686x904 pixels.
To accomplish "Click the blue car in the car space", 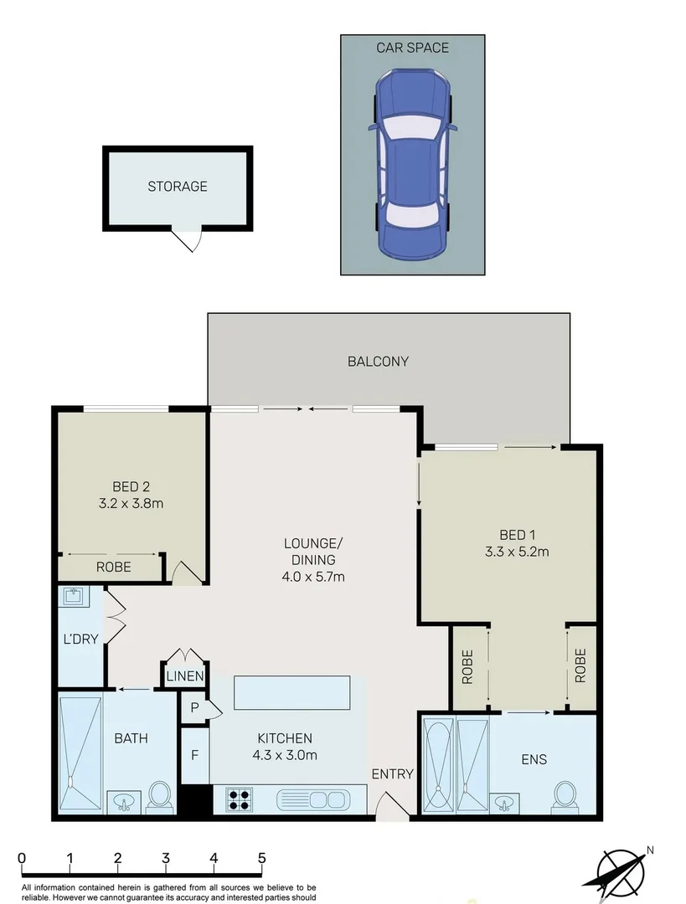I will click(412, 165).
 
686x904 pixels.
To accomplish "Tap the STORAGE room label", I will click(178, 187).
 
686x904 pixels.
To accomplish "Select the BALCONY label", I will click(378, 362).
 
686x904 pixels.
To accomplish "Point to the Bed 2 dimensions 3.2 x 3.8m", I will click(131, 504).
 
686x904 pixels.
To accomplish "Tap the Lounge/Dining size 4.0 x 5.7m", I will click(309, 577).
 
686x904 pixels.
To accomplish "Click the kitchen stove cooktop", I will click(240, 800).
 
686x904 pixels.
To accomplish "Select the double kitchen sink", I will click(312, 800).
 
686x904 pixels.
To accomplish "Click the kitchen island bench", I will click(292, 693).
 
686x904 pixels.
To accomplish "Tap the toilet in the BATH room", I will click(159, 796).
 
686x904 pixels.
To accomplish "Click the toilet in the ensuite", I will click(565, 796).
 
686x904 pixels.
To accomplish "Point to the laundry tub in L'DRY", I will click(71, 598).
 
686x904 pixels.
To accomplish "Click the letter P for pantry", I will click(194, 708).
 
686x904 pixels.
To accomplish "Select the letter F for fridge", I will click(194, 755).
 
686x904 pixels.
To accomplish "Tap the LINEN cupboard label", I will click(184, 676).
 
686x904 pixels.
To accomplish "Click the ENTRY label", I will click(392, 774).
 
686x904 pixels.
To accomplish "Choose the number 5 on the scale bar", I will click(262, 858).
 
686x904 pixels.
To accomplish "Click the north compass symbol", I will click(622, 871).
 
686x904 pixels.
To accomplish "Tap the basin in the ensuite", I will click(504, 804).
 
